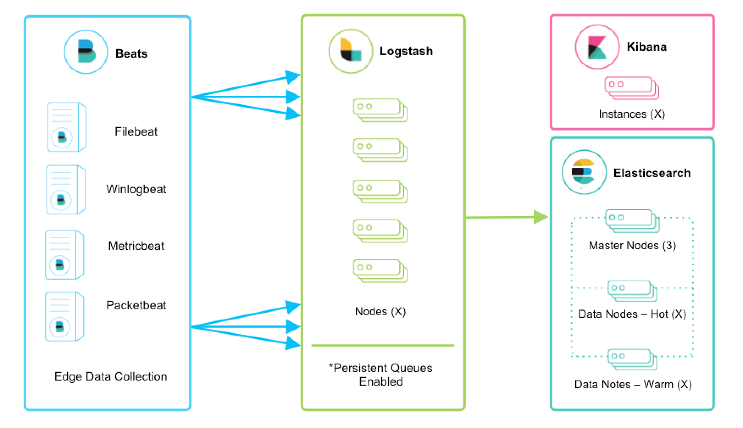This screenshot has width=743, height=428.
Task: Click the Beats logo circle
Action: coord(86,52)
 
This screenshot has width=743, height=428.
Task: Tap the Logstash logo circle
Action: coord(350,51)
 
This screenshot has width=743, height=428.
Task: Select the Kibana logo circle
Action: coord(596,47)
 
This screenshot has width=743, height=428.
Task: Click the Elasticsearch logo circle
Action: coord(584,172)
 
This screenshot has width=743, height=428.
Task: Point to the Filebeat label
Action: coord(136,131)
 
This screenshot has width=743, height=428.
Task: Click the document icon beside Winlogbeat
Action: coord(66,189)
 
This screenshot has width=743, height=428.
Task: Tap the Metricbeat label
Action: coord(136,246)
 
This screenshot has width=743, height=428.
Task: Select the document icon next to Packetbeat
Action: coord(64,316)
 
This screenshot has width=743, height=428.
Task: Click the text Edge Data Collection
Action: coord(111,376)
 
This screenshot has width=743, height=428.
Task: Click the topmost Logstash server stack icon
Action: coord(380,110)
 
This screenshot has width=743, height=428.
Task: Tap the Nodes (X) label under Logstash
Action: coord(380,311)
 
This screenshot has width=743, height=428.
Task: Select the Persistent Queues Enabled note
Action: coord(380,375)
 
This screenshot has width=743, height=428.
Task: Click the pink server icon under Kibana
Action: coord(631,88)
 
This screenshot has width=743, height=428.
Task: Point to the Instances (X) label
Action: coord(632,114)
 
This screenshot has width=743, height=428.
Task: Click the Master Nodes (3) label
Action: coord(632,245)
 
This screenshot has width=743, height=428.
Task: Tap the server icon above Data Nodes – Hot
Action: coord(632,290)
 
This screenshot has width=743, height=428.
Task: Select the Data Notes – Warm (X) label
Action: coord(632,384)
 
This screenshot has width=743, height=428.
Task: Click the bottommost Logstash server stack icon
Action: coord(380,271)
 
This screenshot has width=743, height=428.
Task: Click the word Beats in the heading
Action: coord(131,53)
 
